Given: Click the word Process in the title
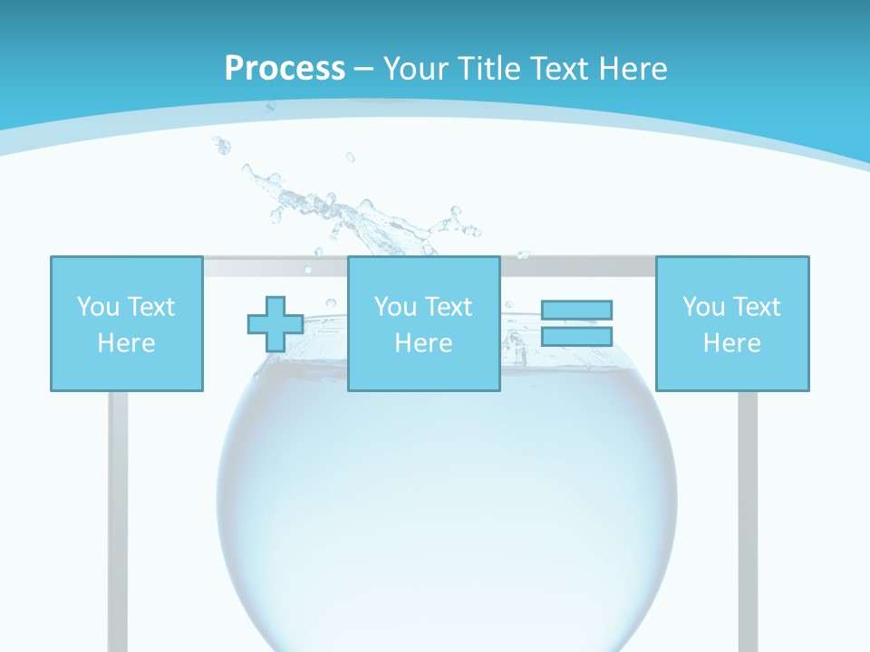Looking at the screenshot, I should [x=285, y=69].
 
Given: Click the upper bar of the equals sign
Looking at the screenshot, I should [x=576, y=310].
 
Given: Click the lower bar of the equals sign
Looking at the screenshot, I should [x=576, y=336].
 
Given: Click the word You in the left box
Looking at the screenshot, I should [x=96, y=307].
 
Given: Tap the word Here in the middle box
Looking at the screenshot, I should [x=423, y=343].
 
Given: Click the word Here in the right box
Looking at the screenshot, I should [x=732, y=343].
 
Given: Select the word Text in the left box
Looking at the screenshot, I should [x=150, y=307].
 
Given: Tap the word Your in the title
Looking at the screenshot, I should [x=417, y=69].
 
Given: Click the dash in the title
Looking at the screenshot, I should [x=363, y=69].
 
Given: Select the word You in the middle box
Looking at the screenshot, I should [x=394, y=307].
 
